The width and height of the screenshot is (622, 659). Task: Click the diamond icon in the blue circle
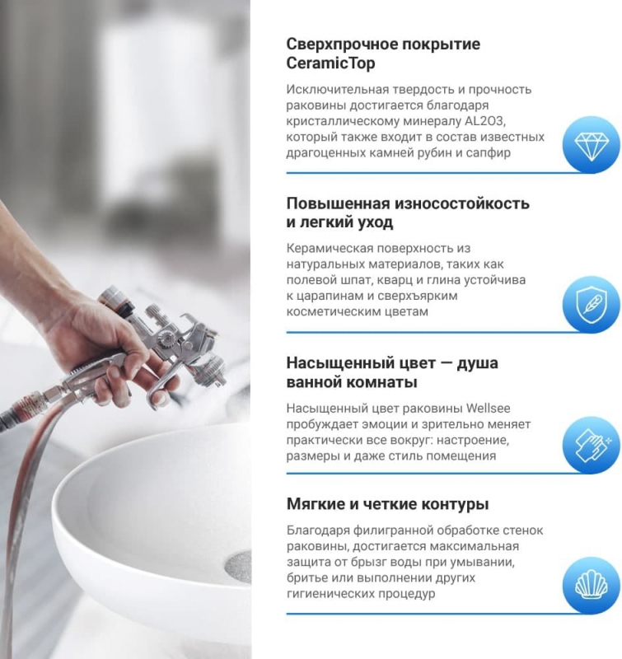click(x=591, y=145)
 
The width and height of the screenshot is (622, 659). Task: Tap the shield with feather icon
click(x=591, y=305)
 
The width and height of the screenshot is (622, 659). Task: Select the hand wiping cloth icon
click(x=591, y=445)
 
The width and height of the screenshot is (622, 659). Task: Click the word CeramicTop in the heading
click(x=328, y=63)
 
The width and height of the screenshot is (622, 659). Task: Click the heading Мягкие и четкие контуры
click(x=387, y=504)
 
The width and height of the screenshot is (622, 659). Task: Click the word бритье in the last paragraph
click(x=306, y=578)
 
